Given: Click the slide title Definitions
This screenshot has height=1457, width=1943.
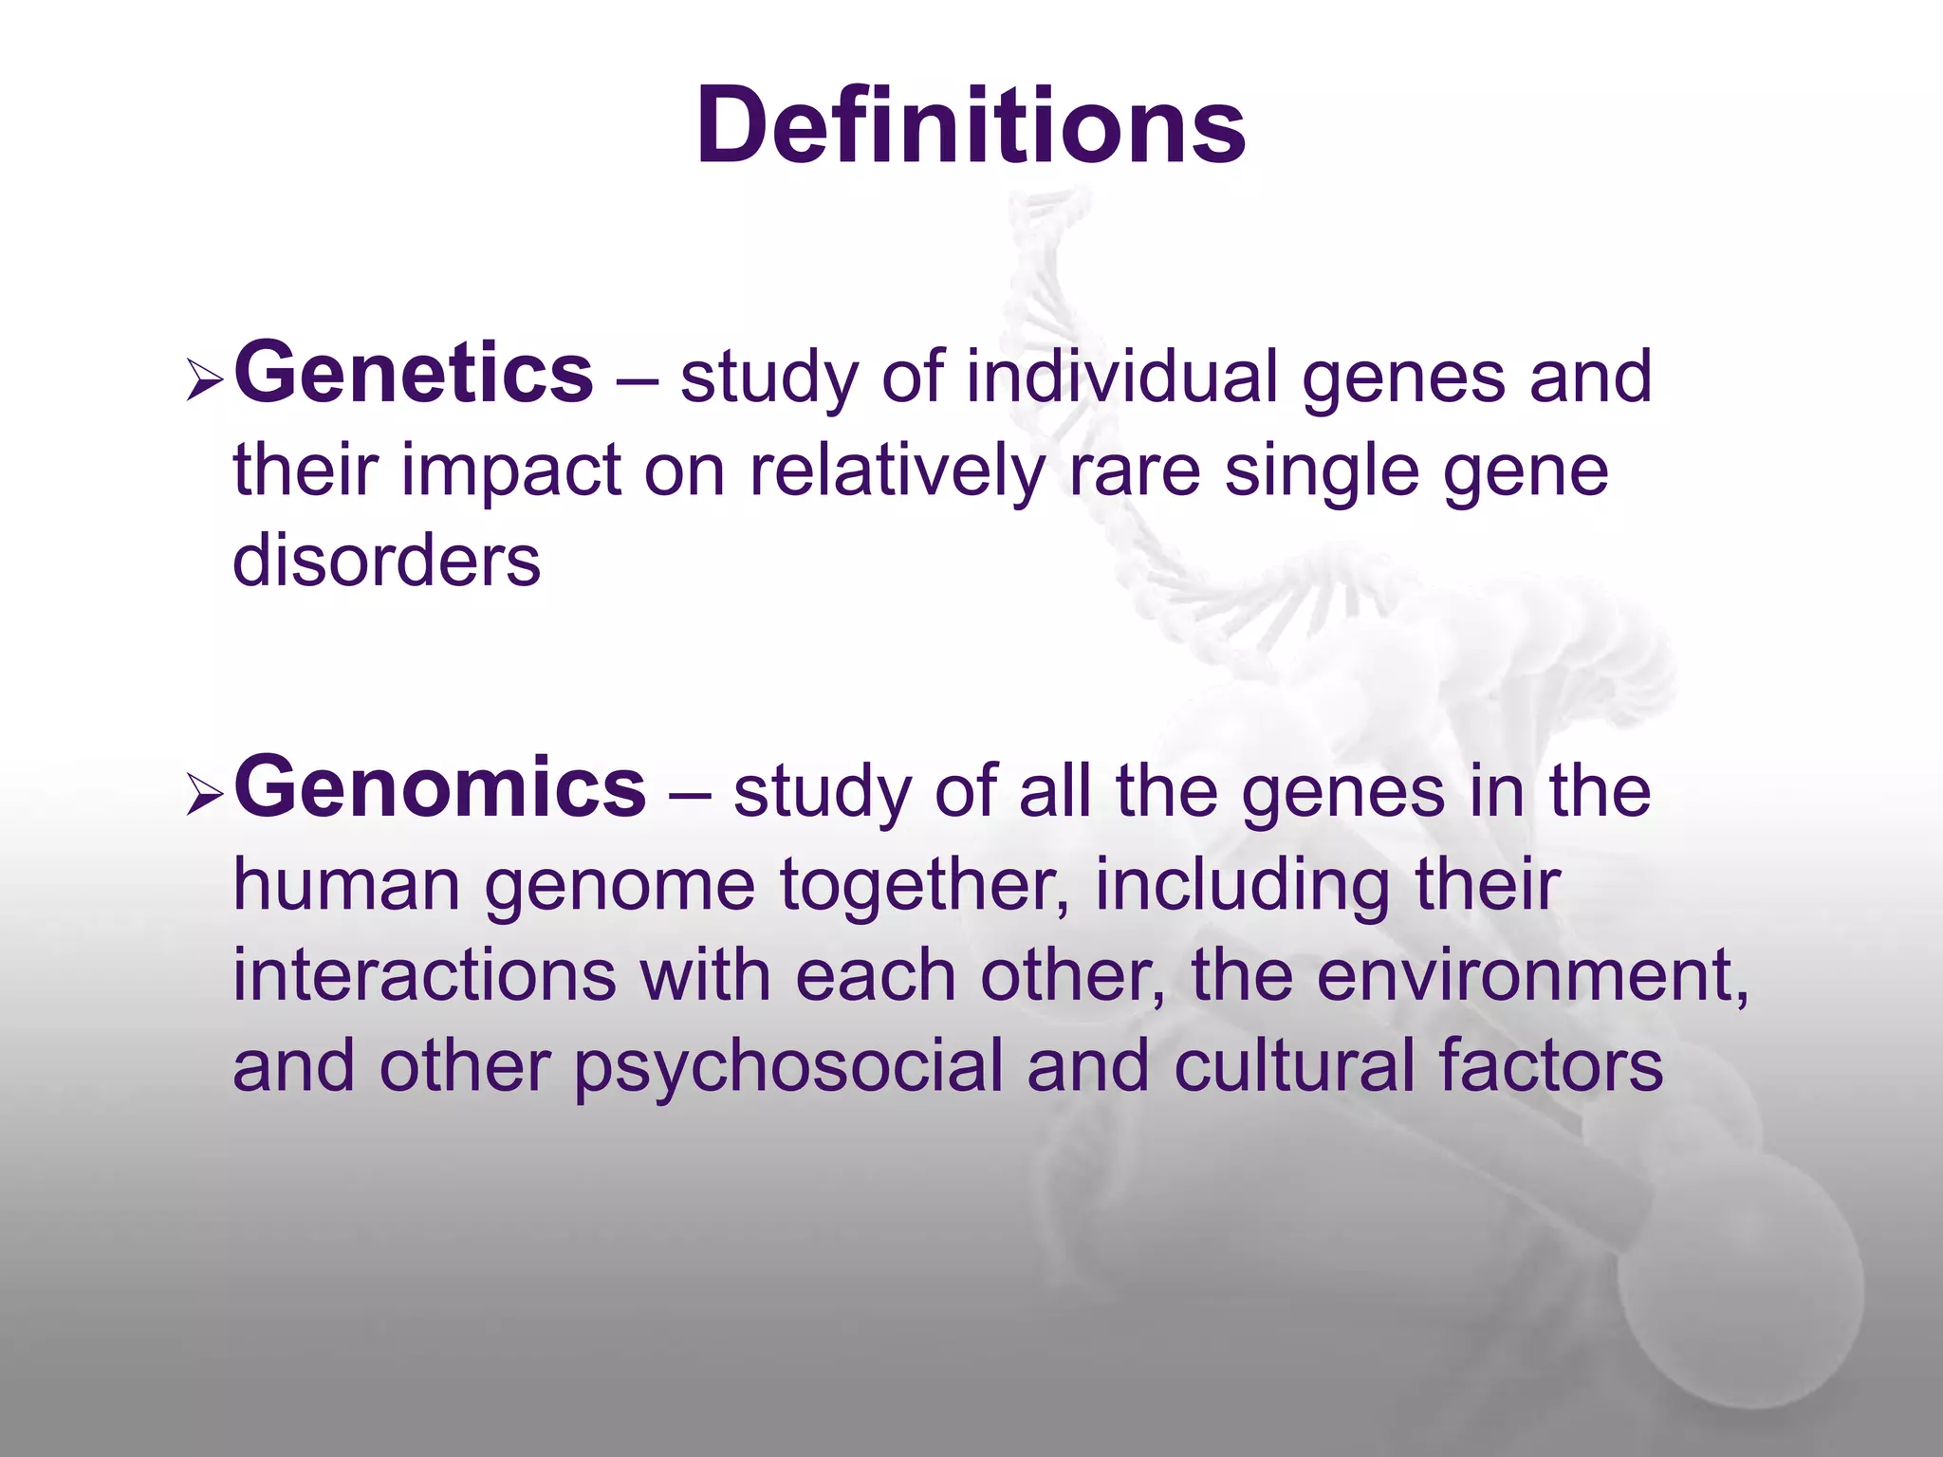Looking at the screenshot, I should [971, 126].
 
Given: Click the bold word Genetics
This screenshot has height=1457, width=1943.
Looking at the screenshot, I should [414, 374].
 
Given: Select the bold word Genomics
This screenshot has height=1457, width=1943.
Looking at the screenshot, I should [440, 787].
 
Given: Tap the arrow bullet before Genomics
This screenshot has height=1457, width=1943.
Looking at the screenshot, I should [204, 795].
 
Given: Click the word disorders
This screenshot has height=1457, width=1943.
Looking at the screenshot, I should [386, 561].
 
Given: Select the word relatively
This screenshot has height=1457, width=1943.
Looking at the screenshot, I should [896, 470].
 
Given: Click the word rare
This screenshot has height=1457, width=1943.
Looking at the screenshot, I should [1135, 472].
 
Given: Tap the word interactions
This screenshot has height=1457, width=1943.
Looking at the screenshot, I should [424, 976].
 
